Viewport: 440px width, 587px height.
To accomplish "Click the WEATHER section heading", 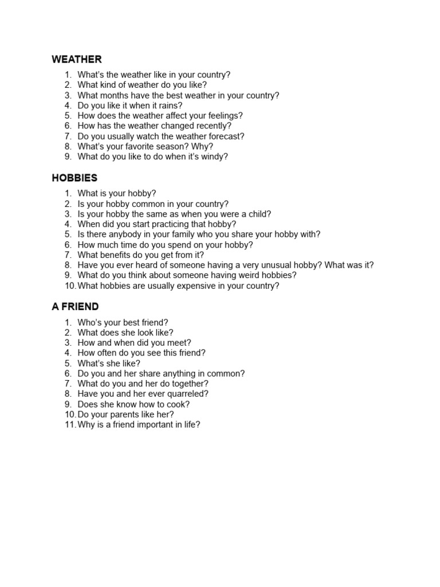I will click(x=77, y=59).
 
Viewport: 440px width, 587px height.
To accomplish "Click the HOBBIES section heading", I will click(x=74, y=178).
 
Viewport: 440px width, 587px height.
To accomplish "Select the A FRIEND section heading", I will click(x=75, y=307).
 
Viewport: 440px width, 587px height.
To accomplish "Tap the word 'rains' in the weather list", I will click(x=167, y=105).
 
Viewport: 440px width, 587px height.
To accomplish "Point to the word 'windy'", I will click(x=214, y=156).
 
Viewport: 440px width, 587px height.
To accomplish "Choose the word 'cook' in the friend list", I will click(x=178, y=404).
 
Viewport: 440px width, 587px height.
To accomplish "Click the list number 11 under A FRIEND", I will click(x=69, y=425).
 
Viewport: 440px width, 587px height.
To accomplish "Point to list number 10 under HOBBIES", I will click(x=69, y=285).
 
